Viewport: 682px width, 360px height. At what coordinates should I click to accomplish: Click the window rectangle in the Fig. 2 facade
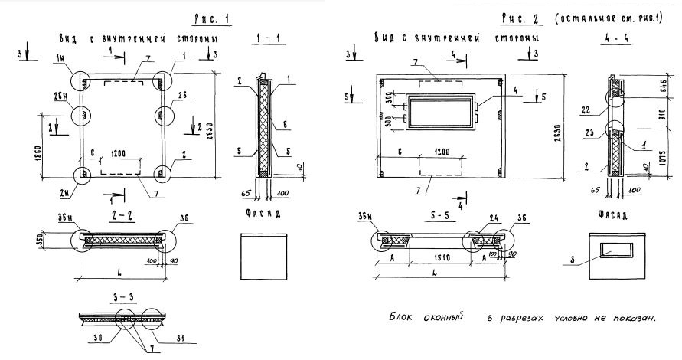[617, 250]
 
